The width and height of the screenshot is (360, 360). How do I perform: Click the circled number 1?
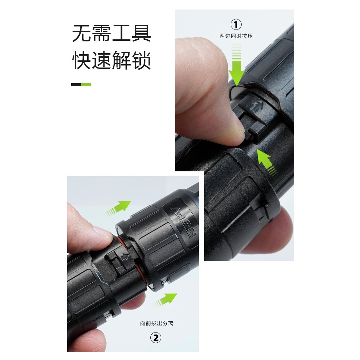click(x=236, y=24)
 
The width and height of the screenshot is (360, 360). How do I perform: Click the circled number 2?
click(x=155, y=338)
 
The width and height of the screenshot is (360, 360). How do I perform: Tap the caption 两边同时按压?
click(x=236, y=36)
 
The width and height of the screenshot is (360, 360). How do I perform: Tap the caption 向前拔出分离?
click(x=157, y=323)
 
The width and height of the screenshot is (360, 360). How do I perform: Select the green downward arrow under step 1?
click(x=236, y=68)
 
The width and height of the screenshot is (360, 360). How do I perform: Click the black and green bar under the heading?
click(x=81, y=84)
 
